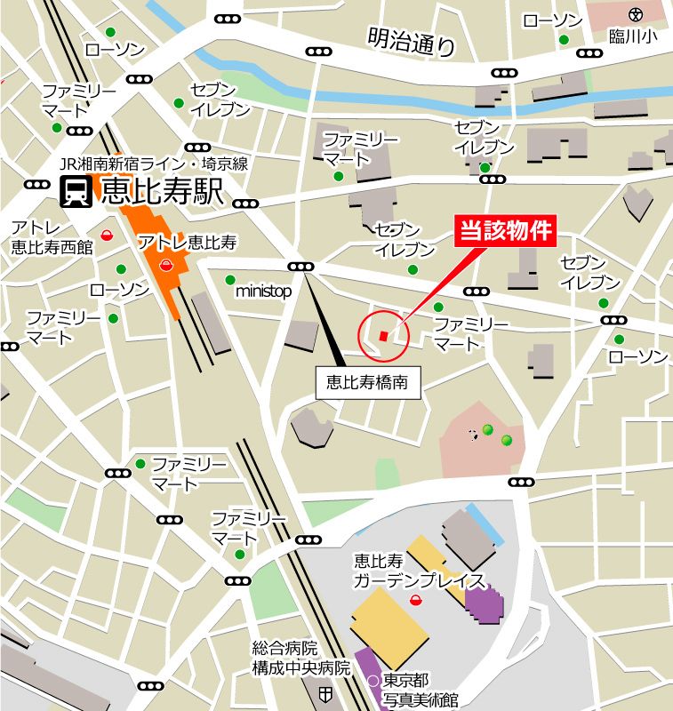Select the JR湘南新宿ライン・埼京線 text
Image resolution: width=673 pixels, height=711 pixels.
coord(153,164)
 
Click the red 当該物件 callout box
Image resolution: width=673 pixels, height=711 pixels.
coord(506,232)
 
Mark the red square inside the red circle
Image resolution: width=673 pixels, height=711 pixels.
coord(383,335)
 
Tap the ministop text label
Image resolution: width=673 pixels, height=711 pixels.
coord(264,291)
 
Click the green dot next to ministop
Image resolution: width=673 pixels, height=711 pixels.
coord(230,279)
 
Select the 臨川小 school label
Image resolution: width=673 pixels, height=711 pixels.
coord(633,35)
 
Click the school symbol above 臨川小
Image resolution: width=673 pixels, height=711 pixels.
coord(634,14)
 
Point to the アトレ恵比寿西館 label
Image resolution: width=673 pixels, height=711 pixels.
coord(51,237)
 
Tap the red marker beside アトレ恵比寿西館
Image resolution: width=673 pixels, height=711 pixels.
coord(107,236)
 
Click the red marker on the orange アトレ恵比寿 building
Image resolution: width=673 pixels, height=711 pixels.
coord(165,263)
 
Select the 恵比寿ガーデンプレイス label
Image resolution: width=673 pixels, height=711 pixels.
coord(418,571)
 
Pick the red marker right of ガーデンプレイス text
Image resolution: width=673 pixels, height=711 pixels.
coord(415,601)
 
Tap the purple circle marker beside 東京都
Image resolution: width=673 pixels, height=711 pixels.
coord(373,682)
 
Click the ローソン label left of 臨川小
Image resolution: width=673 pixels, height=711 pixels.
coord(552,20)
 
